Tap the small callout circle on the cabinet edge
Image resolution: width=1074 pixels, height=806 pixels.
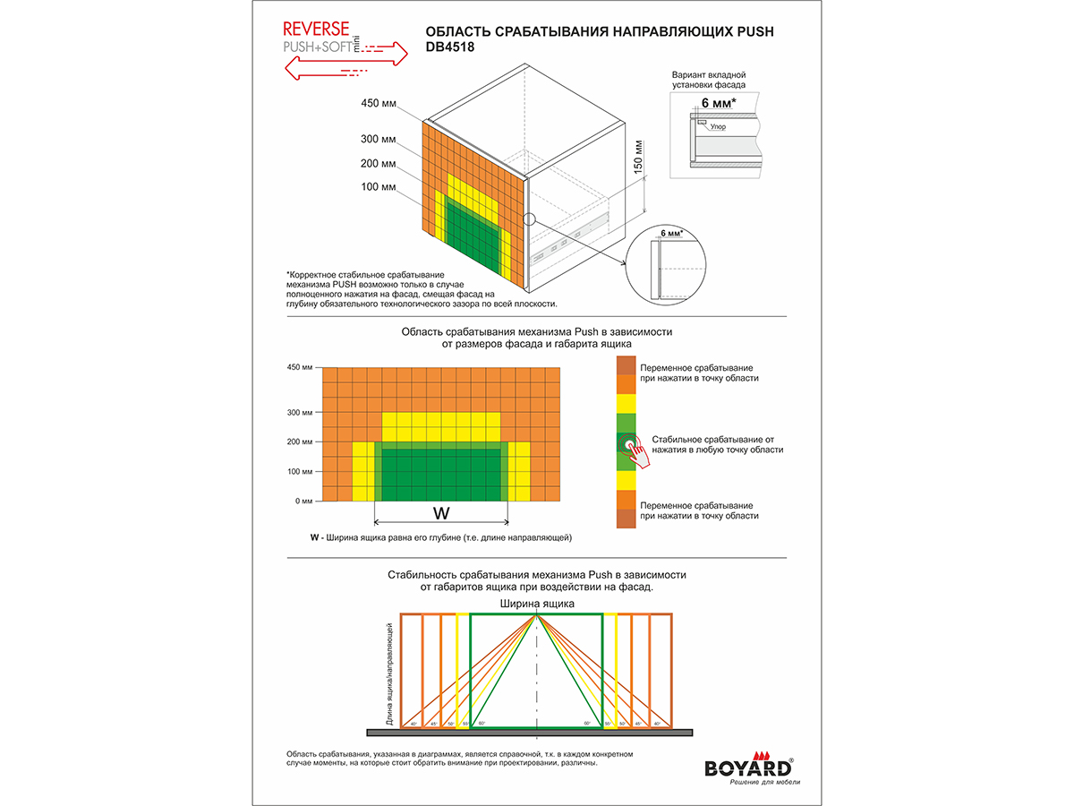(529, 218)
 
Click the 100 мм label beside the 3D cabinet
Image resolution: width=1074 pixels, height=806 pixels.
(378, 187)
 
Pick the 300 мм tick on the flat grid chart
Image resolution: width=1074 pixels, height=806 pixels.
(301, 413)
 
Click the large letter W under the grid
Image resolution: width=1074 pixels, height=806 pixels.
(441, 513)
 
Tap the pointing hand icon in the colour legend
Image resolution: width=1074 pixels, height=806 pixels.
(634, 450)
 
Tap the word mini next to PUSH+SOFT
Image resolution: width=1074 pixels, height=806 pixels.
(355, 43)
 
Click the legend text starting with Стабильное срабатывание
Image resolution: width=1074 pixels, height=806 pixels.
(718, 444)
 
